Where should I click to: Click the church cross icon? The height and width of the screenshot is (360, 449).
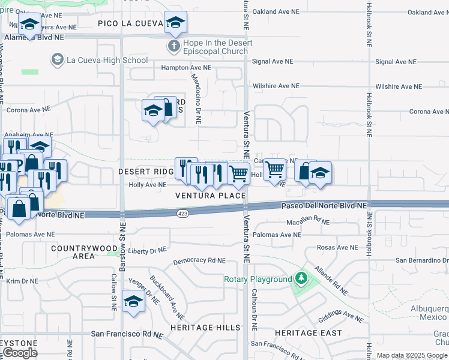coord(173,46)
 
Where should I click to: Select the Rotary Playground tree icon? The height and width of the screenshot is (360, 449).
coord(300,279)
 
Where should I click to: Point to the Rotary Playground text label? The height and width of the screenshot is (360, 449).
coord(258,280)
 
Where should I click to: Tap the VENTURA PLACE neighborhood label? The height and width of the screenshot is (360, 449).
coord(210,196)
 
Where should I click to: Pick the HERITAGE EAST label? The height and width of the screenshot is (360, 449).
coord(308,333)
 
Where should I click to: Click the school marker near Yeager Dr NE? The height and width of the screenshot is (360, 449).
coord(133,302)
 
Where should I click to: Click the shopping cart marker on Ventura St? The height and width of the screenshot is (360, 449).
coord(240,174)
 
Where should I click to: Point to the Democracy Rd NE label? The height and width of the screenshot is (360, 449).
coord(199,262)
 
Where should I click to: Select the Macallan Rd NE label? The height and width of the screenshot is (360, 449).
coord(309,222)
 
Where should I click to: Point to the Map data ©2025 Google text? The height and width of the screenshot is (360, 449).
coord(412,355)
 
